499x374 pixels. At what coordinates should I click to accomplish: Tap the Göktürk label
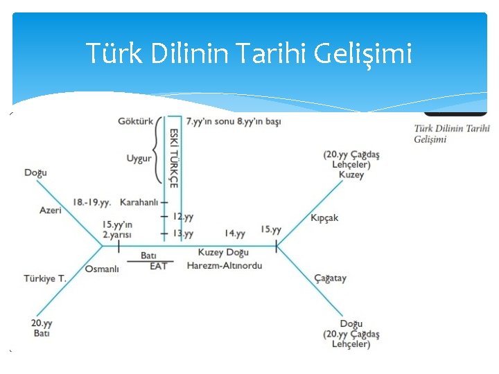(x=136, y=121)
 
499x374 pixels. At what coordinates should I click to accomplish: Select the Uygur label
(x=139, y=159)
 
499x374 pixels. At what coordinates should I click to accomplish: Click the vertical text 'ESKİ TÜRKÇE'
(x=174, y=158)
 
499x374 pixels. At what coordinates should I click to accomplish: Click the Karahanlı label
(x=139, y=202)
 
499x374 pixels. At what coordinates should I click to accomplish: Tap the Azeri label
(x=51, y=210)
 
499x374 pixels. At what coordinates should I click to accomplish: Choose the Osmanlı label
(x=103, y=269)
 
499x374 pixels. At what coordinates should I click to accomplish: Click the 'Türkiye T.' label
(x=45, y=278)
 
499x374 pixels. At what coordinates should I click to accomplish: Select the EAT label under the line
(x=159, y=266)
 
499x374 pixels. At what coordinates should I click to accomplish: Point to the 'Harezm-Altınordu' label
(x=225, y=265)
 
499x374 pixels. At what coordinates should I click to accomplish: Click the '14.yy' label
(x=235, y=233)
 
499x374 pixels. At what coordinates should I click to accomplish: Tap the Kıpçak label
(x=324, y=217)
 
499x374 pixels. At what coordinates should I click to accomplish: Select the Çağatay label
(x=330, y=278)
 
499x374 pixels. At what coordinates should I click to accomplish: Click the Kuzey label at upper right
(x=351, y=175)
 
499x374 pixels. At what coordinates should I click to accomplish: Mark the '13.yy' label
(x=183, y=233)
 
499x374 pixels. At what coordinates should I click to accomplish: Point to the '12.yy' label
(x=183, y=217)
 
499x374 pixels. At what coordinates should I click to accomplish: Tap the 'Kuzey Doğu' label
(x=223, y=253)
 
